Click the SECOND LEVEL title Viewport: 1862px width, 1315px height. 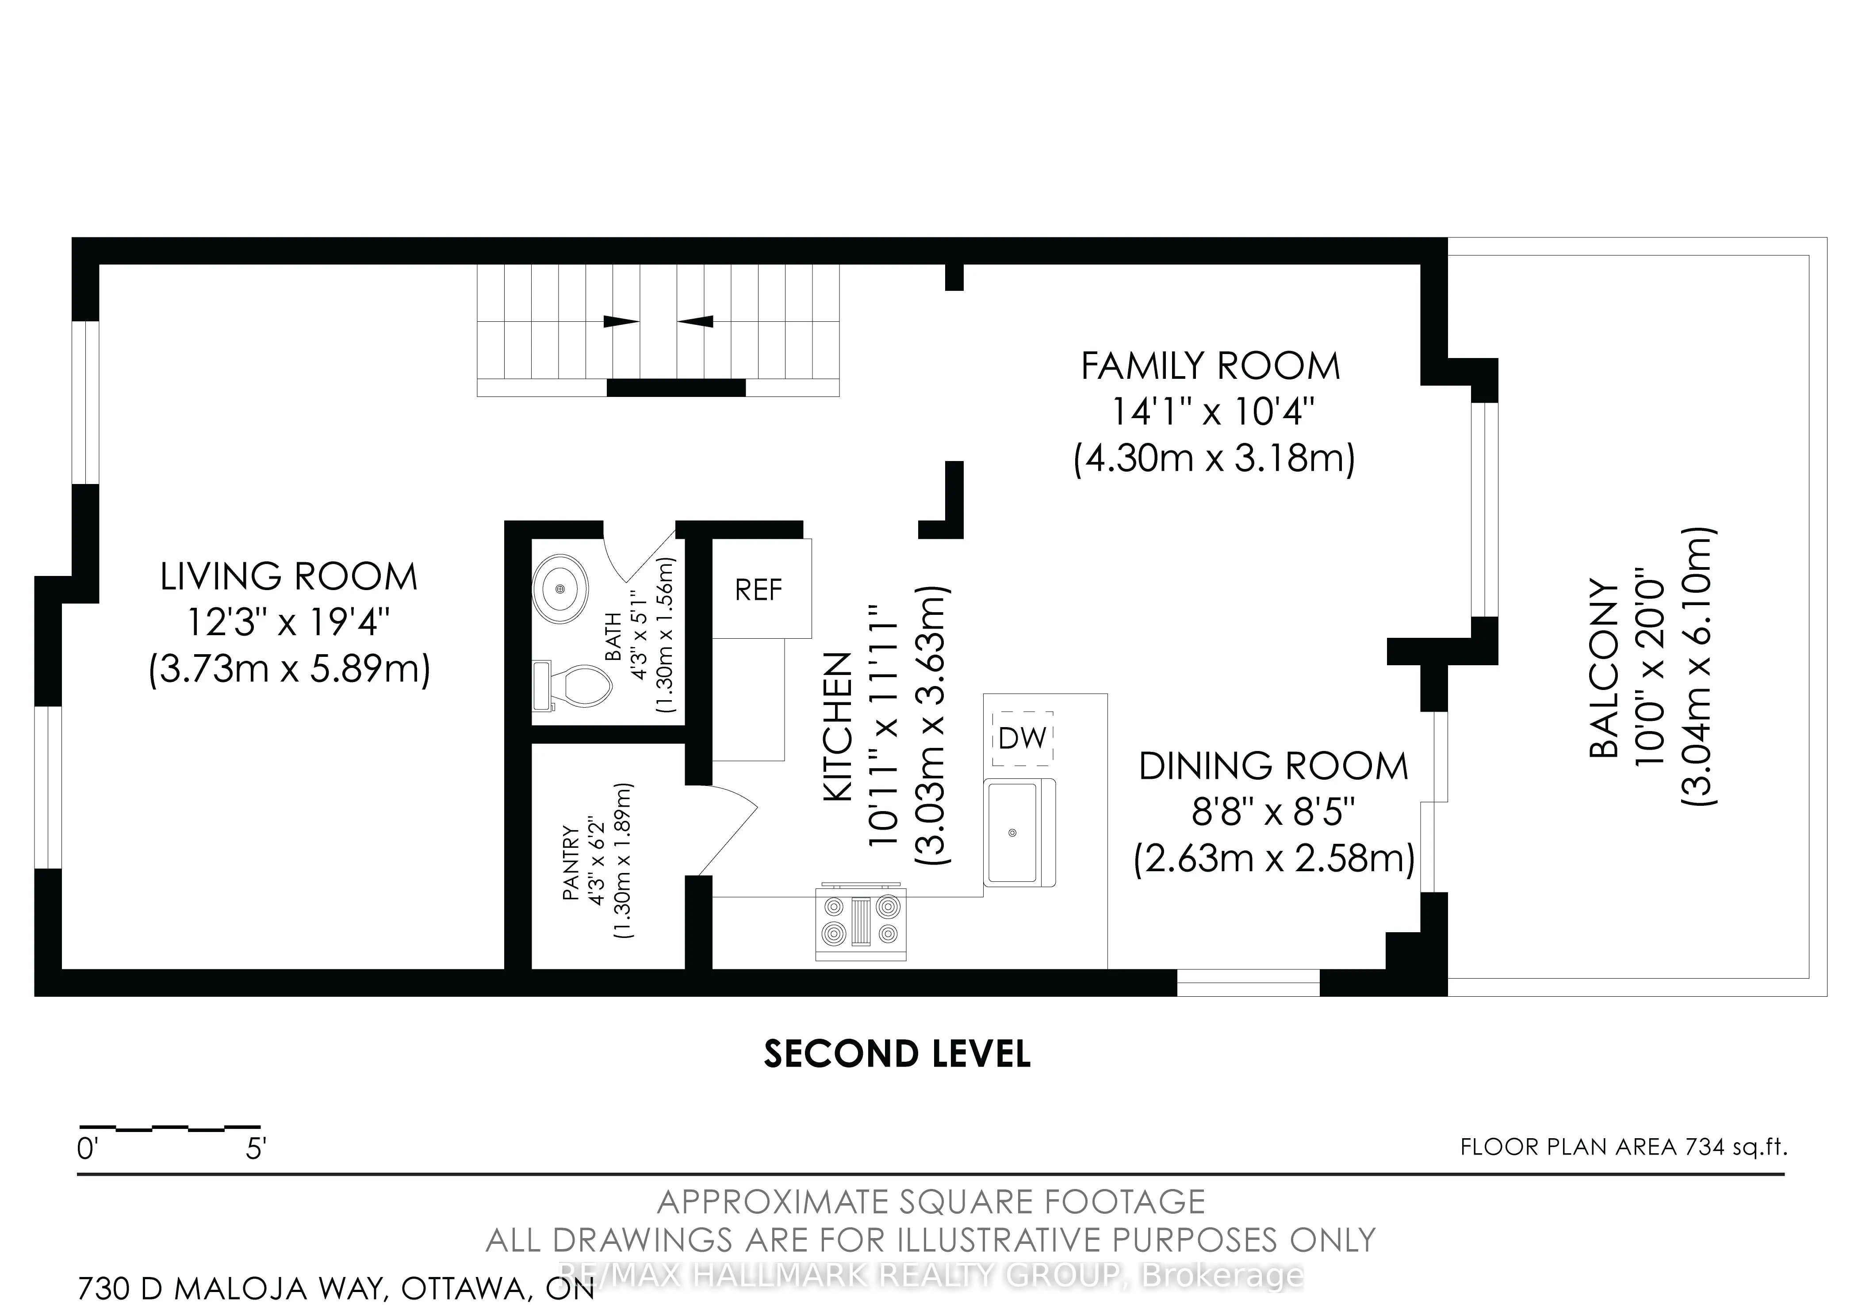pyautogui.click(x=897, y=1054)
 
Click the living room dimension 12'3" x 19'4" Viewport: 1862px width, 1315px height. pyautogui.click(x=289, y=623)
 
